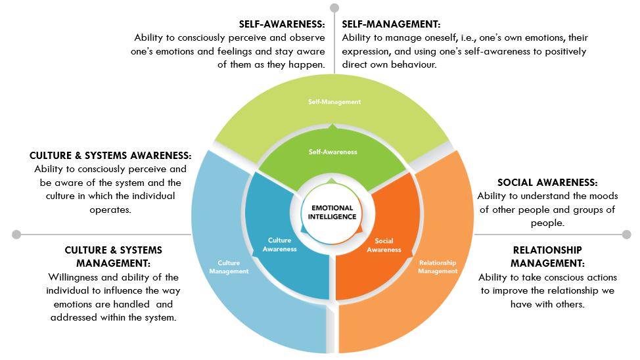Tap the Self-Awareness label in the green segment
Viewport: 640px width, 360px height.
(x=333, y=152)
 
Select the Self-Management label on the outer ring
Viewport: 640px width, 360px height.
(x=335, y=102)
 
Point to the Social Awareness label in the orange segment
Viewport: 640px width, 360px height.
(x=384, y=244)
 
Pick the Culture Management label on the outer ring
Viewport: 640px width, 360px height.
(x=229, y=267)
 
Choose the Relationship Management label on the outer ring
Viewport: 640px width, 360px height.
(x=438, y=267)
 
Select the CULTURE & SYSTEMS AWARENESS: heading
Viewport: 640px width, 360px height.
(x=110, y=156)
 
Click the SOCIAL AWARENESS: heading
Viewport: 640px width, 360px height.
(x=547, y=183)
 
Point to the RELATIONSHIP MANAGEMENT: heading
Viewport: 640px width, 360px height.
(x=547, y=256)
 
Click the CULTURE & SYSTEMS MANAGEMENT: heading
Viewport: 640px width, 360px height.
(x=113, y=257)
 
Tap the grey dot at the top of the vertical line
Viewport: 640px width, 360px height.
(x=334, y=8)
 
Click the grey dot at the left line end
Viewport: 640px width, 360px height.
(x=16, y=234)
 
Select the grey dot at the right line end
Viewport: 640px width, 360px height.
(x=626, y=234)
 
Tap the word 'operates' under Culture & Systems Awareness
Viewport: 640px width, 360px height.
(x=110, y=209)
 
